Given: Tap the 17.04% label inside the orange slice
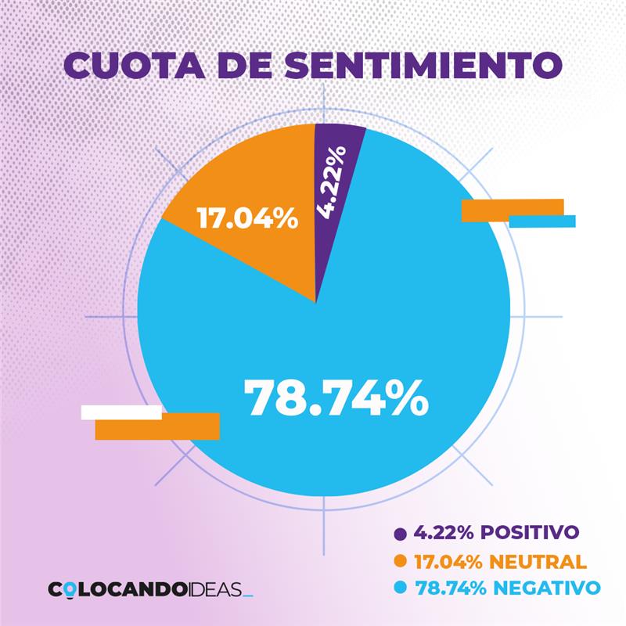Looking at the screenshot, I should pyautogui.click(x=246, y=218).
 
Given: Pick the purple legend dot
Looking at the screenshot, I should pyautogui.click(x=401, y=534).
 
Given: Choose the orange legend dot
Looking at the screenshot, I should pyautogui.click(x=401, y=561).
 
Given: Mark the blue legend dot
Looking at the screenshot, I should pyautogui.click(x=401, y=588).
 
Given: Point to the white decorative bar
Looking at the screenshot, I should pyautogui.click(x=121, y=412).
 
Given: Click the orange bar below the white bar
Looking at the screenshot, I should pyautogui.click(x=157, y=426).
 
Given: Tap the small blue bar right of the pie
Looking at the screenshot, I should pyautogui.click(x=542, y=221).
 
